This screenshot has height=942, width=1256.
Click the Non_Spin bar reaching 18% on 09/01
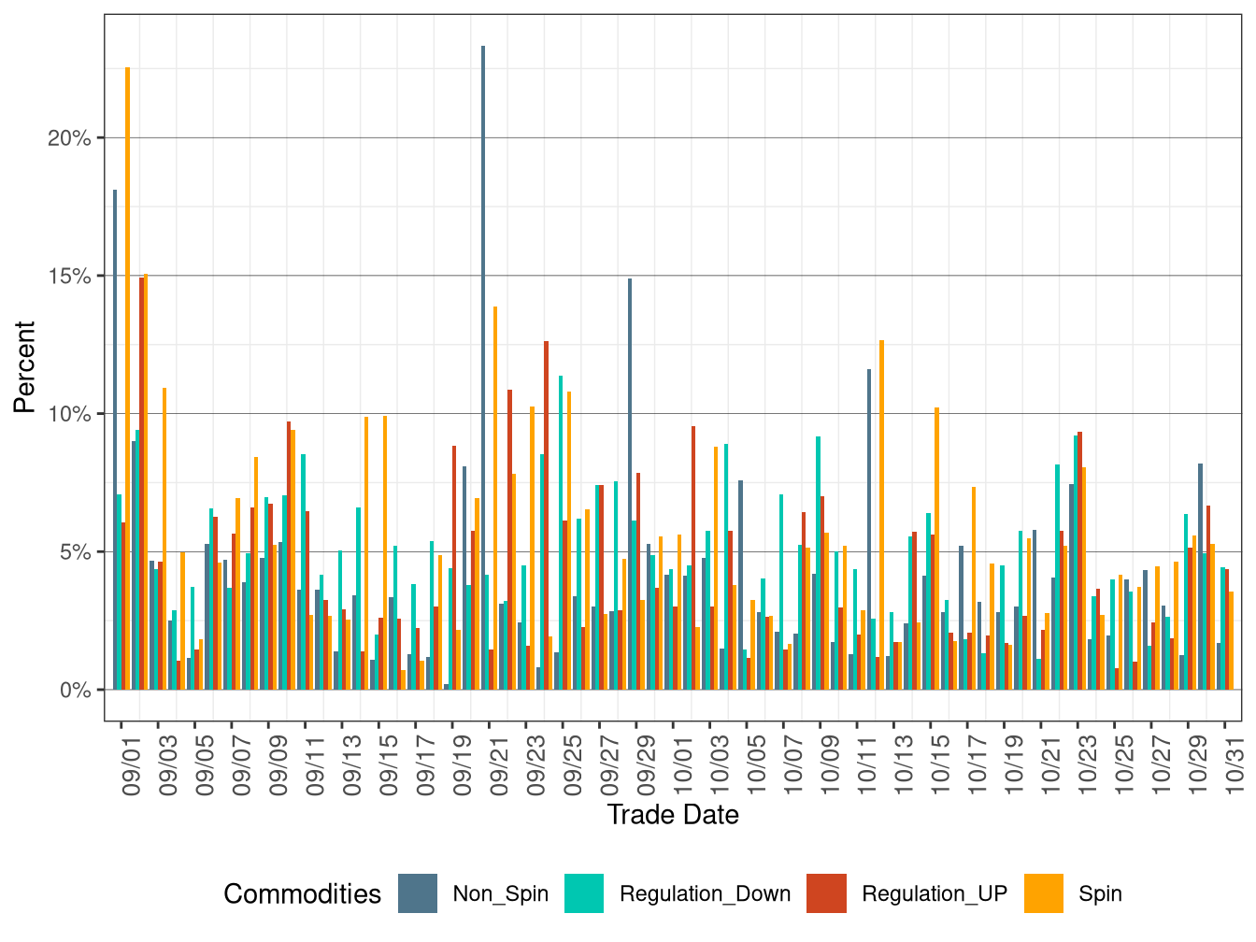tap(115, 439)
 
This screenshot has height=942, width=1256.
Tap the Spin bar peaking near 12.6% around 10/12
tap(881, 515)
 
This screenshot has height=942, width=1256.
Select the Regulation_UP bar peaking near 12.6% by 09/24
tap(547, 515)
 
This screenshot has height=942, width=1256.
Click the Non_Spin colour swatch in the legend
tap(418, 893)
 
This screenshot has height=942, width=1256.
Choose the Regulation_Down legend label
tap(705, 893)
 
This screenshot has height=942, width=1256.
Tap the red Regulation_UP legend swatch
tap(827, 893)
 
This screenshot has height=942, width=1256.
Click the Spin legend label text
tap(1100, 893)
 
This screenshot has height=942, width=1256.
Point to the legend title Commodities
tap(302, 894)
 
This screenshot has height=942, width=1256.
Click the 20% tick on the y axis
tap(70, 138)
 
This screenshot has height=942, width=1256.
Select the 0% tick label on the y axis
tap(75, 691)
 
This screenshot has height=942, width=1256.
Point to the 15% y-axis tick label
tap(70, 277)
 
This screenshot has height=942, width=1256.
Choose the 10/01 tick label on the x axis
tap(683, 768)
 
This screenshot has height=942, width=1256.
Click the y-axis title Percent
tap(24, 367)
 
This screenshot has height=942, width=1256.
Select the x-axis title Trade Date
tap(673, 815)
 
